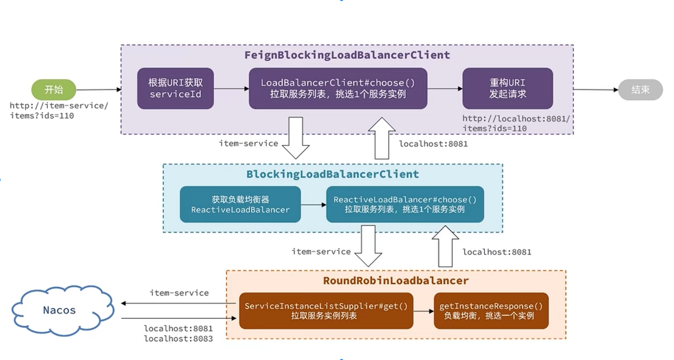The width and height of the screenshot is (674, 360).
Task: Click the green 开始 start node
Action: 53,89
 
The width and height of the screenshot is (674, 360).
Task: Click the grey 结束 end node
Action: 640,90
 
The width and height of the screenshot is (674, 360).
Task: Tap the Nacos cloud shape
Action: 60,310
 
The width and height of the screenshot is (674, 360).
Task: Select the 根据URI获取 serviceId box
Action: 175,88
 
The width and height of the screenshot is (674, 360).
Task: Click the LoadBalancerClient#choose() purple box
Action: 338,88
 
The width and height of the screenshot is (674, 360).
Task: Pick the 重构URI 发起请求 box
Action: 507,88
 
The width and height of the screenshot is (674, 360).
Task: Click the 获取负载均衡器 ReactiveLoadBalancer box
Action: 240,204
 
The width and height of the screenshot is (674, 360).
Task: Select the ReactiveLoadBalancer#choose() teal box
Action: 405,204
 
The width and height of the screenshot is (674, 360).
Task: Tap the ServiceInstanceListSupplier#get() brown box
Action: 326,311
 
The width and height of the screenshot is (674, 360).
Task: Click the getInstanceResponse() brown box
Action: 491,311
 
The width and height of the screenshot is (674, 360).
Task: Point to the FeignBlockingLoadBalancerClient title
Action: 347,55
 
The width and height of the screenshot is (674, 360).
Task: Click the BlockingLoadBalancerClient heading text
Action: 332,174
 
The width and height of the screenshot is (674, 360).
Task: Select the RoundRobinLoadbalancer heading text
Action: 395,281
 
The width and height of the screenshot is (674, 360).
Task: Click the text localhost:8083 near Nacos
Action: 178,339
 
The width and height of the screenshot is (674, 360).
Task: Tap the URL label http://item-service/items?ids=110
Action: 59,111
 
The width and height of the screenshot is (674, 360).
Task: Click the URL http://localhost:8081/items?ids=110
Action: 516,123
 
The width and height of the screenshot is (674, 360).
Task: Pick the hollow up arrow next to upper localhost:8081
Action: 381,138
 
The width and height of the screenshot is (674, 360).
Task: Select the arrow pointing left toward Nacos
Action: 176,303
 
